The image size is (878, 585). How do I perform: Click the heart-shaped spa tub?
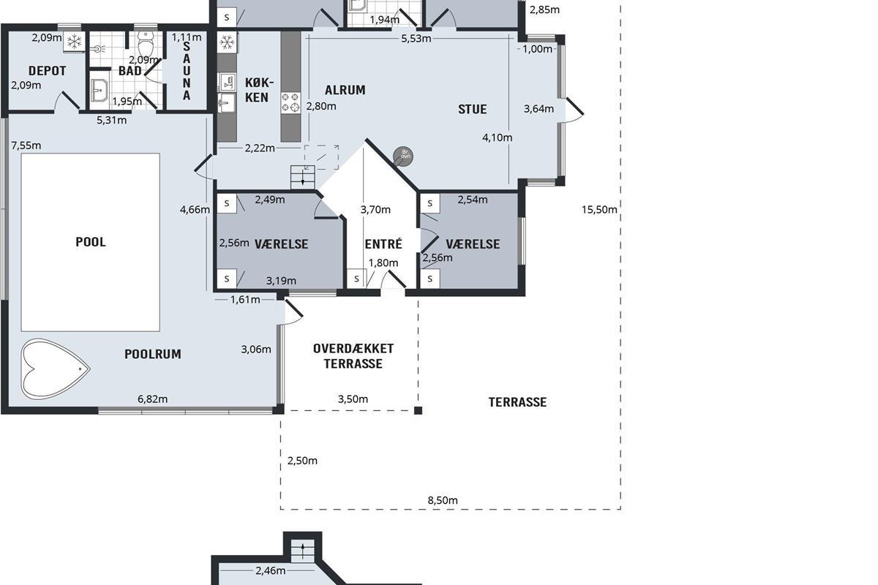click(x=55, y=369)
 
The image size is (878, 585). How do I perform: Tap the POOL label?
click(x=91, y=242)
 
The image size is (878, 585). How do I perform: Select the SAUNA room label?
click(x=187, y=70)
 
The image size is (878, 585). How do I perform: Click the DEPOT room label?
click(x=47, y=71)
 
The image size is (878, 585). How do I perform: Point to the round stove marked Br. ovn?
click(x=403, y=156)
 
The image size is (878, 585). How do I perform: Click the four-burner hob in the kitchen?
click(x=290, y=102)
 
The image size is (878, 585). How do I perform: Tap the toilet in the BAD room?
click(x=145, y=45)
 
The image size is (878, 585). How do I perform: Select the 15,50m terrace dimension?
click(x=599, y=210)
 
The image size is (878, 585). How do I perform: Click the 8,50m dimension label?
click(x=443, y=500)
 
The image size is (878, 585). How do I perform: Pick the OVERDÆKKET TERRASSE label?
click(x=353, y=356)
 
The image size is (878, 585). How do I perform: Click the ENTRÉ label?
click(x=383, y=244)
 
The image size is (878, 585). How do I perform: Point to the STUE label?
click(x=473, y=109)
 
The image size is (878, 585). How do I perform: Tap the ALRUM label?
click(x=345, y=90)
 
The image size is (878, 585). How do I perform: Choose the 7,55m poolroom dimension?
click(x=26, y=146)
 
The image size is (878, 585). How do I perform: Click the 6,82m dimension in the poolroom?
click(x=152, y=399)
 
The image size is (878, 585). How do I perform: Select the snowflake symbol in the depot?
click(x=74, y=41)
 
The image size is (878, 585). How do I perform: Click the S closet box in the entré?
click(x=356, y=279)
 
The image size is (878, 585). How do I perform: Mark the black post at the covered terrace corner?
click(x=419, y=410)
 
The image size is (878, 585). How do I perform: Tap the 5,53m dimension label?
click(x=416, y=39)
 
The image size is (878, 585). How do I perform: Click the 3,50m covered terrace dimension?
click(x=353, y=399)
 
